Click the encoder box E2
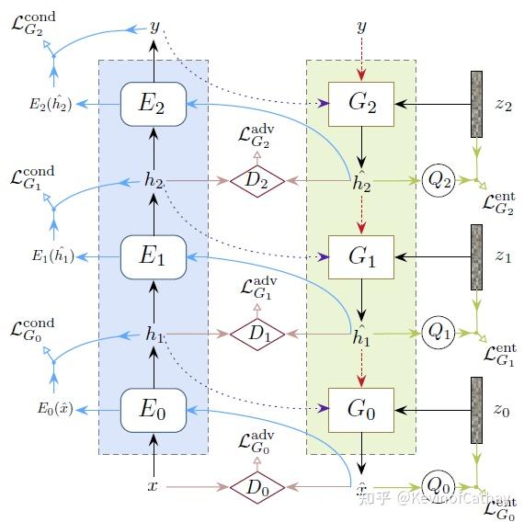coord(154,104)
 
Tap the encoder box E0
coord(154,410)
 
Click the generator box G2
coord(361,104)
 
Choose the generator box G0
coord(361,410)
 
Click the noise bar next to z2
coord(476,104)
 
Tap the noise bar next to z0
coord(476,410)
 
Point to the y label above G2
coord(361,28)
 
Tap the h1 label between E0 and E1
coord(154,335)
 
